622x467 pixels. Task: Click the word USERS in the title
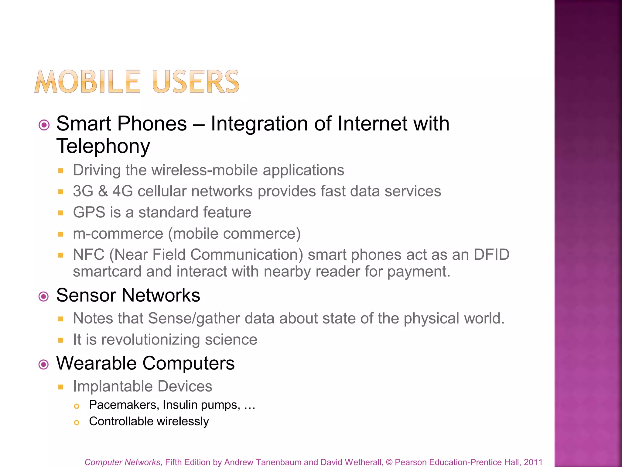click(196, 82)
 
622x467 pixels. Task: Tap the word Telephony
click(103, 146)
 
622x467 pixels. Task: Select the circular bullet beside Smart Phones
click(44, 125)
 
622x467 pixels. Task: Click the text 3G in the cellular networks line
click(83, 191)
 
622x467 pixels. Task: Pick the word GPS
click(89, 212)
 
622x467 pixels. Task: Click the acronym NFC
click(89, 254)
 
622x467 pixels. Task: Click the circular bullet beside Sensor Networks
click(44, 296)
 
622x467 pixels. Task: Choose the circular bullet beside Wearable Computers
click(44, 364)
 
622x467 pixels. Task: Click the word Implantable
click(112, 386)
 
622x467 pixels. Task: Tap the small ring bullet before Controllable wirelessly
click(77, 423)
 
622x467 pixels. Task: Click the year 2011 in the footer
click(533, 462)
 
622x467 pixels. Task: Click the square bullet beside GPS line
click(61, 213)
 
